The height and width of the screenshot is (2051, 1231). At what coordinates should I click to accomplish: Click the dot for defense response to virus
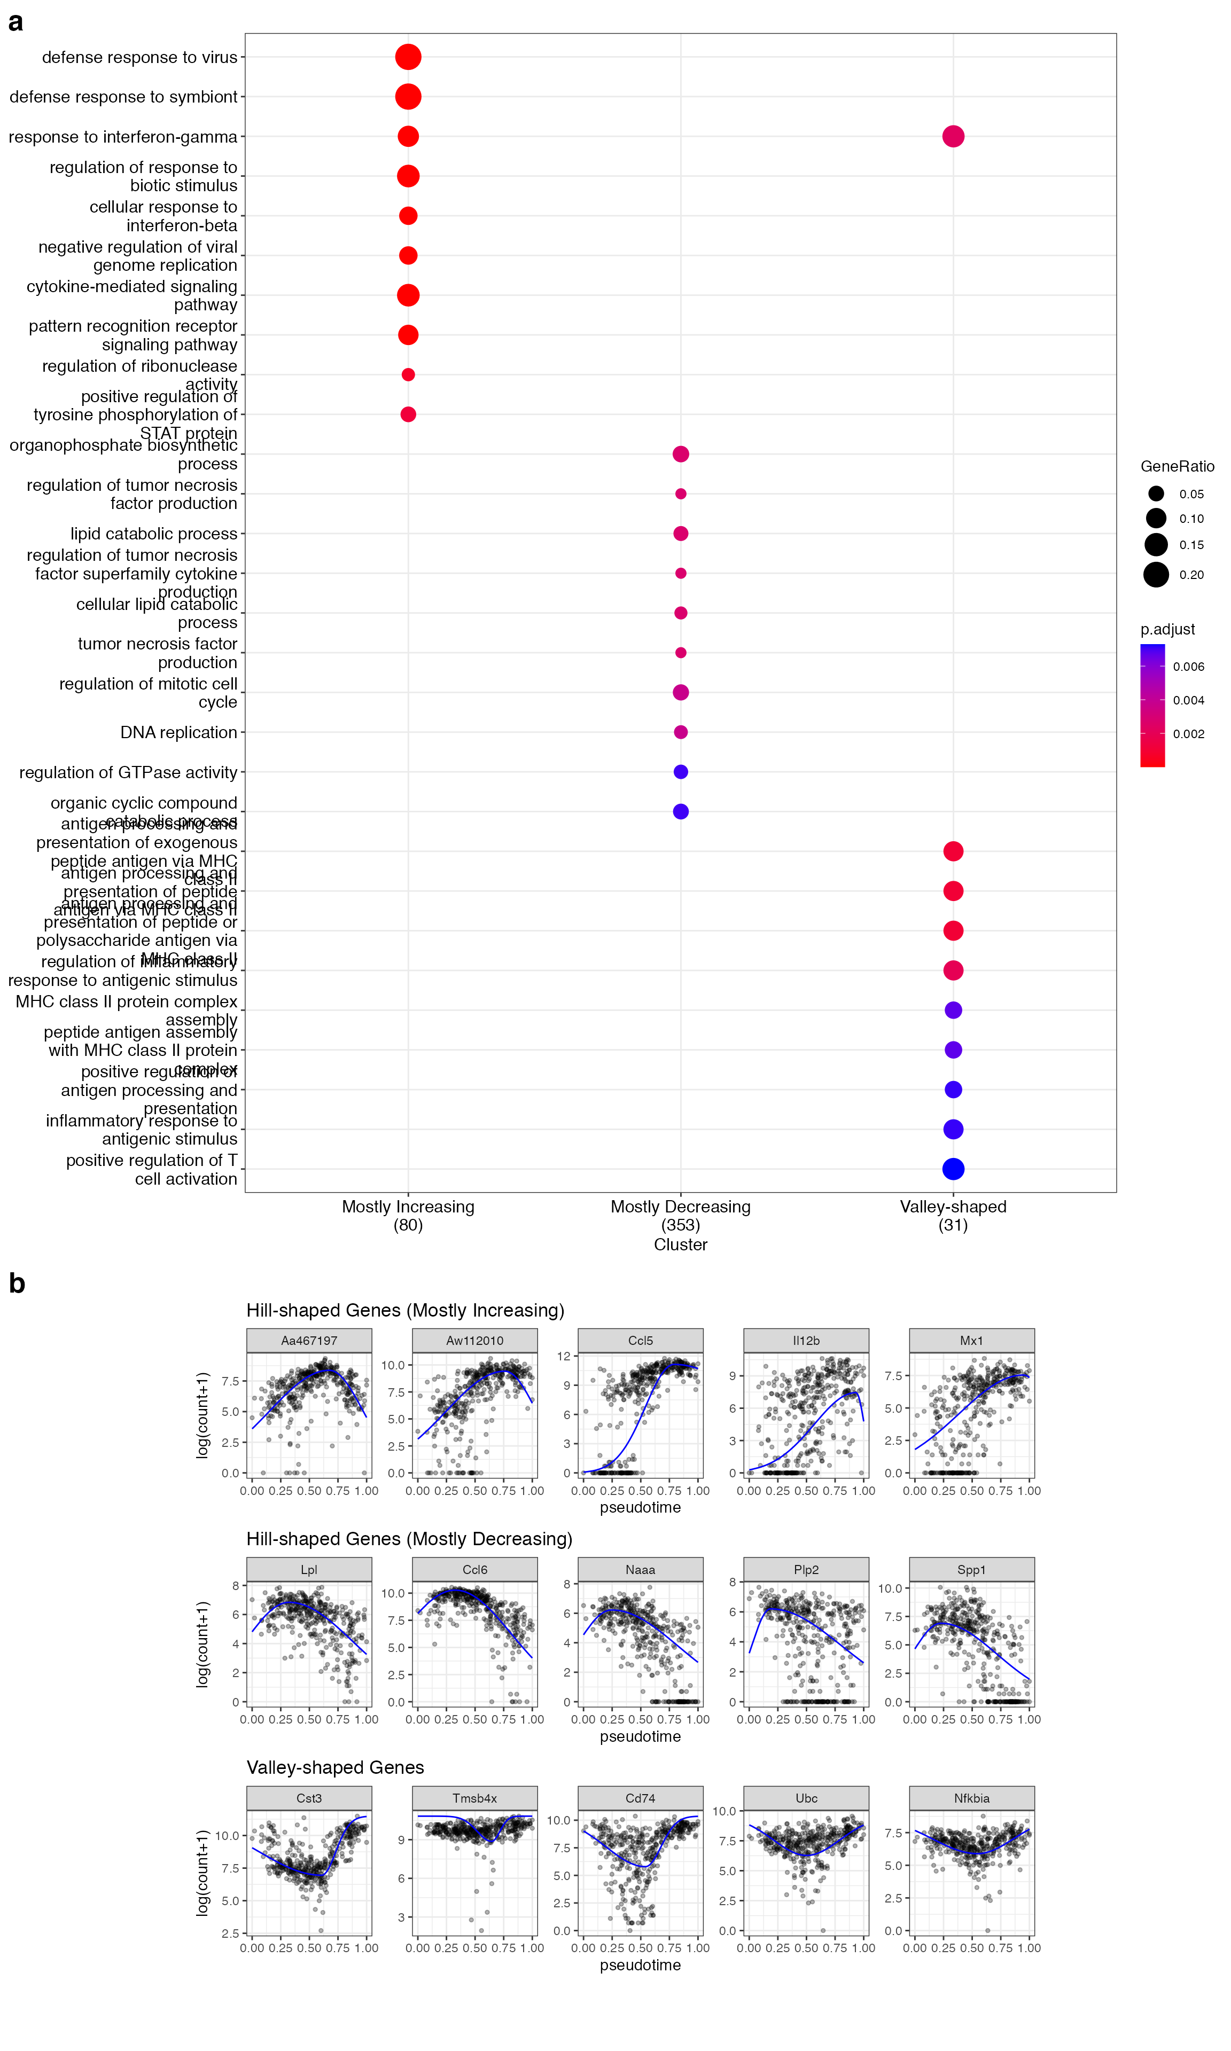407,57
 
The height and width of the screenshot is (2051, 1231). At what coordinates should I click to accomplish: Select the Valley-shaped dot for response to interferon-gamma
953,136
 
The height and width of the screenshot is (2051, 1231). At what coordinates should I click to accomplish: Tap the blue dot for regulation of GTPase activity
680,772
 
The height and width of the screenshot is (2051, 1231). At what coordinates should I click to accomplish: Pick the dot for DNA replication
680,732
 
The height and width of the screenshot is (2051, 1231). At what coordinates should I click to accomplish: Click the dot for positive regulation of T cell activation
953,1169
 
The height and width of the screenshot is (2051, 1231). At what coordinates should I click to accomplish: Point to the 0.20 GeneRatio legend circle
1156,575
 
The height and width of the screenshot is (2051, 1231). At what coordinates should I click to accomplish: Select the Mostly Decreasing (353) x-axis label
680,1215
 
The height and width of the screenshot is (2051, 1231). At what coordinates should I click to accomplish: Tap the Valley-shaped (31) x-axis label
953,1215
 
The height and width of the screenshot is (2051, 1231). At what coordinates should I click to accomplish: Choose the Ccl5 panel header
641,1341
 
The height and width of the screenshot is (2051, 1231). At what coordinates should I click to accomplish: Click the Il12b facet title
806,1341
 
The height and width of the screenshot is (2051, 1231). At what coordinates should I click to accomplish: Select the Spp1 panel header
971,1569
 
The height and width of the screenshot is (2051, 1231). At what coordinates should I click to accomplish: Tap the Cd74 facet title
641,1798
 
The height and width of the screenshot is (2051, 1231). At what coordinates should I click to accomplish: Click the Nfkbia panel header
971,1798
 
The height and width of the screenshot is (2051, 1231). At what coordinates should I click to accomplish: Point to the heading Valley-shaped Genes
335,1767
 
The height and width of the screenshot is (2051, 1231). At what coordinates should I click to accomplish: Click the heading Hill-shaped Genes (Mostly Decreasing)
409,1539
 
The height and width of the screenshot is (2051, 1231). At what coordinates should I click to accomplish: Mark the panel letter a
15,22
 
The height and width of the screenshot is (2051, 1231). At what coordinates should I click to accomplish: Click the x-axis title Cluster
680,1244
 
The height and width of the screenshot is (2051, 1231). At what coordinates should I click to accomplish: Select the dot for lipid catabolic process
680,534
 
